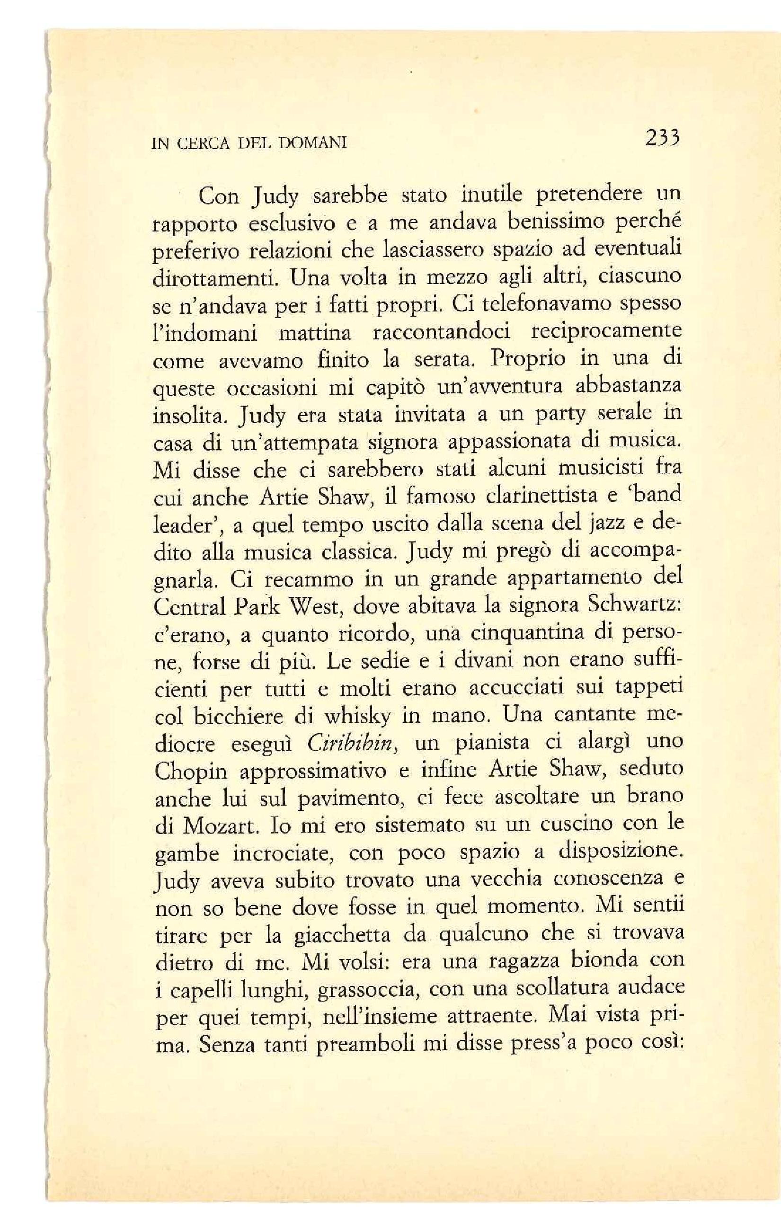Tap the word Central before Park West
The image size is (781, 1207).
189,607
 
